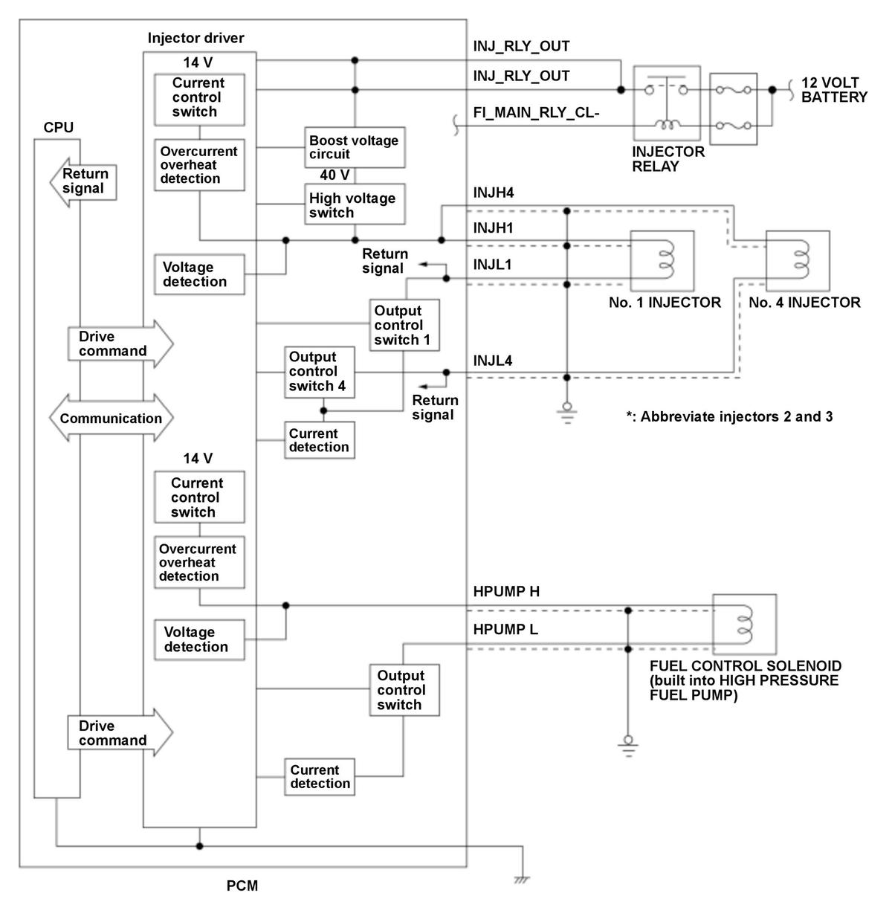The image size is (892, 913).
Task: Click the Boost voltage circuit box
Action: pos(355,147)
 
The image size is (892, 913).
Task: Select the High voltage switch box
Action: pos(355,204)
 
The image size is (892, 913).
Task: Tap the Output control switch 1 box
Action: pos(404,325)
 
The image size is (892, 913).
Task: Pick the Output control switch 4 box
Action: pos(320,372)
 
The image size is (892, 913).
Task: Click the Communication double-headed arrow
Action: pos(111,418)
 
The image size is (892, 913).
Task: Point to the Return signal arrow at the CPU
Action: pos(83,182)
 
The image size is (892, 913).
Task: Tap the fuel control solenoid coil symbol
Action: pos(744,625)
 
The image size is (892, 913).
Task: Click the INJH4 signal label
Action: pos(494,193)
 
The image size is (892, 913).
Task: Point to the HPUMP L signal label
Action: pos(505,630)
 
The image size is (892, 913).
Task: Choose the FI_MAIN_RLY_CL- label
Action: pos(536,113)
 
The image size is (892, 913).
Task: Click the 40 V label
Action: pos(334,175)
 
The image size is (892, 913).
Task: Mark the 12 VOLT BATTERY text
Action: pos(834,90)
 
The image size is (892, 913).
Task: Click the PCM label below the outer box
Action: pos(242,885)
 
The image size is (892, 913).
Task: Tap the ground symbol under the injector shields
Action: pos(567,413)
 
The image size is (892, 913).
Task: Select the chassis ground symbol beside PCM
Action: pos(522,880)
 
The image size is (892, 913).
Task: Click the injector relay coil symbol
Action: pos(668,124)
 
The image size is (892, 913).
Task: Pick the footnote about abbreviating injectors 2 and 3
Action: pos(729,416)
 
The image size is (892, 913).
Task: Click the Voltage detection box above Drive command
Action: pos(199,274)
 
